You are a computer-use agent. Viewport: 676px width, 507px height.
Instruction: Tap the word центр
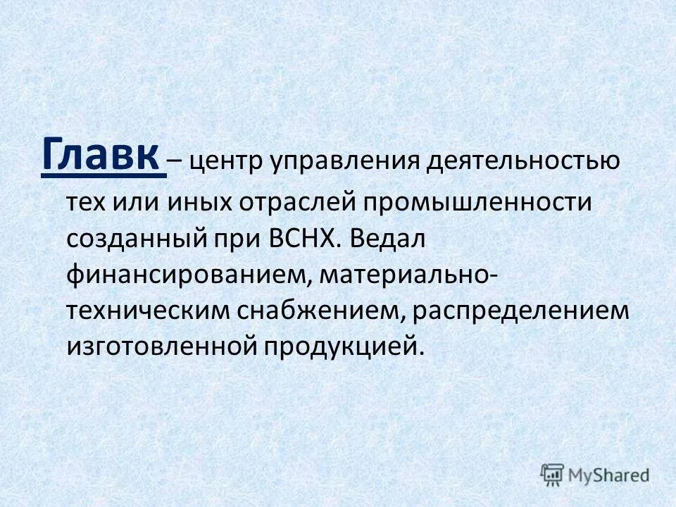tap(225, 162)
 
